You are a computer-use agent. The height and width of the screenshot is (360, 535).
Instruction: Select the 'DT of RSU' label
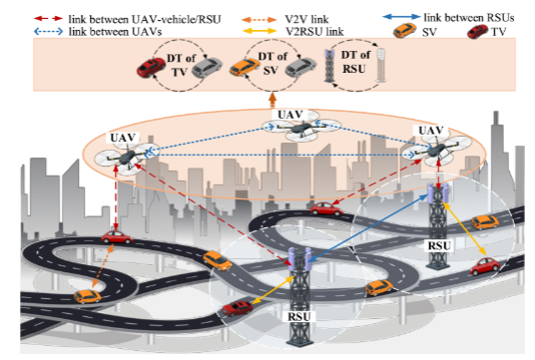(x=350, y=65)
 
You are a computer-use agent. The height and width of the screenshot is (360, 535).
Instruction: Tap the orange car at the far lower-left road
(x=89, y=296)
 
